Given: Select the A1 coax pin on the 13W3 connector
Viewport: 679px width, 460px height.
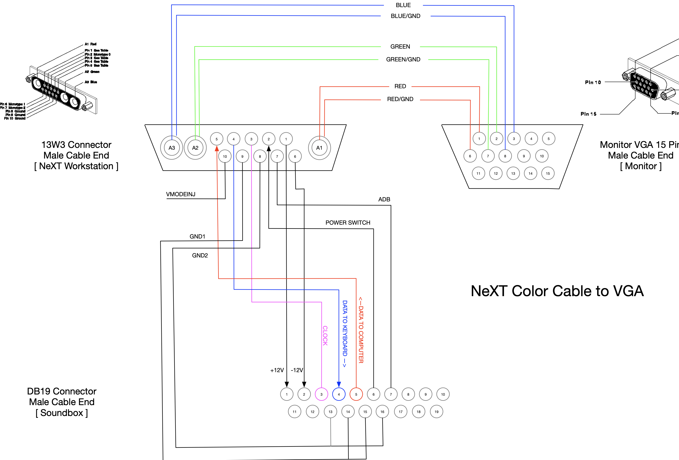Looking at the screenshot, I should click(319, 148).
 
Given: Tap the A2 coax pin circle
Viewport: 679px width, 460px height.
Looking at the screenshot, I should click(195, 148).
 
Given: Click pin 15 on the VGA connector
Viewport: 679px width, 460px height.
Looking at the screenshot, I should click(548, 173).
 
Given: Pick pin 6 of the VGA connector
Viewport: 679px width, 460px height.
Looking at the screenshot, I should click(470, 156).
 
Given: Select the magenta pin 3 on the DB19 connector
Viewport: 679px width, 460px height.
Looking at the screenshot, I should click(321, 394).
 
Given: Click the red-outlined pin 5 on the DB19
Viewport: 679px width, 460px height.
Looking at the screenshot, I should click(356, 394).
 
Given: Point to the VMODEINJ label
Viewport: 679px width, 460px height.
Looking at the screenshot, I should click(181, 194).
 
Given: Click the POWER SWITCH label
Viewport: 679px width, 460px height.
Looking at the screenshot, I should click(348, 222).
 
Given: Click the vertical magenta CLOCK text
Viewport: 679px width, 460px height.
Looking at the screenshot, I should click(325, 335).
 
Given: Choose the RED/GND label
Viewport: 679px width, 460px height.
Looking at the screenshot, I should click(400, 99).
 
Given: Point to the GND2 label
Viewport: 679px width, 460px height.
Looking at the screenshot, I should click(200, 255).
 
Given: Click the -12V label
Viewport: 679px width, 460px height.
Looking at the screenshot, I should click(297, 370).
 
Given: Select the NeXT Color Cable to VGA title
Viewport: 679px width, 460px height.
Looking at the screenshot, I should click(557, 291).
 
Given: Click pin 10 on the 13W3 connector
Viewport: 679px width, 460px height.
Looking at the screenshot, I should click(225, 156).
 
